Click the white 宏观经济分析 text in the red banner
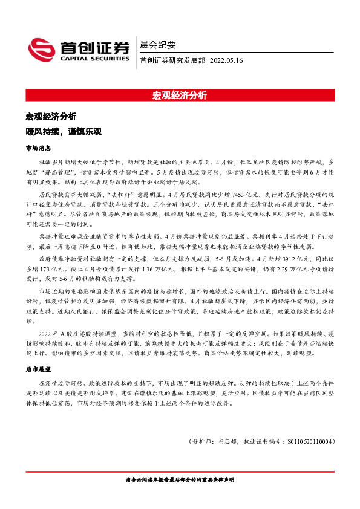point(180,96)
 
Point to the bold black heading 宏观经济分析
point(51,116)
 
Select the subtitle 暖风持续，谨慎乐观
point(63,131)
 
